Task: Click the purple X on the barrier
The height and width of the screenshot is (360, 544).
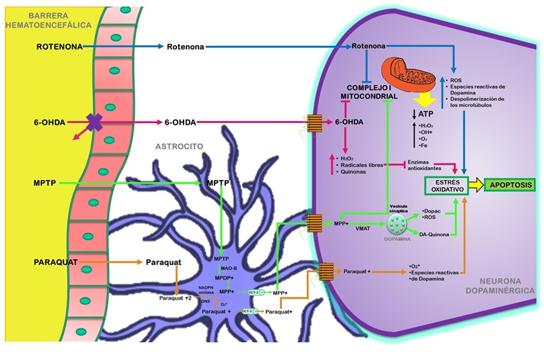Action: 94,122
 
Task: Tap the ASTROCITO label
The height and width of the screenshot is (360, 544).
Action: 179,145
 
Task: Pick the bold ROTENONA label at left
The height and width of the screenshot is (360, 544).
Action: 60,48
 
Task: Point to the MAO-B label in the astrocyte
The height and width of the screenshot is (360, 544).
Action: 230,268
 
